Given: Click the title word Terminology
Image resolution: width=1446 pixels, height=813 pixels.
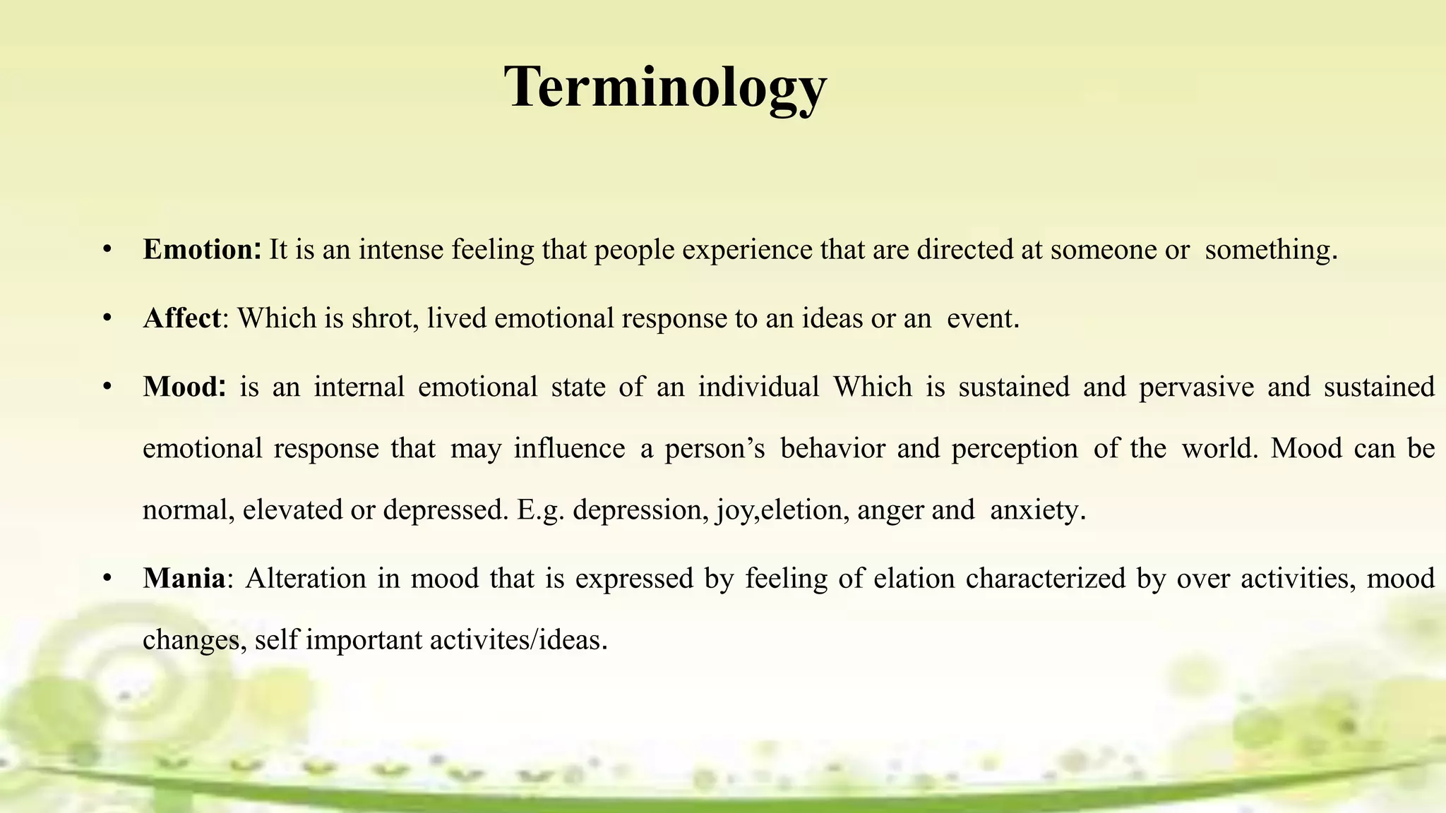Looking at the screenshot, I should (x=664, y=88).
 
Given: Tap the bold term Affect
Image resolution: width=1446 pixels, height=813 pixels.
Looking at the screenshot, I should (x=181, y=318).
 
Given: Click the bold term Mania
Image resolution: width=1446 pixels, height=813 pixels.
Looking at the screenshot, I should (x=184, y=579).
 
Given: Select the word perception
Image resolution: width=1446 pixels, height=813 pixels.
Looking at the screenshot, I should (x=1015, y=449).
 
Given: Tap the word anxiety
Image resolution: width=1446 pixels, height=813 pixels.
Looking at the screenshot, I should (x=1034, y=510).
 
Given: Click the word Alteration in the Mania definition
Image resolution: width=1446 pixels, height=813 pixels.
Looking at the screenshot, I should (x=306, y=579).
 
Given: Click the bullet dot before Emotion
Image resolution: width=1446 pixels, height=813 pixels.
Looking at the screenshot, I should (x=107, y=250).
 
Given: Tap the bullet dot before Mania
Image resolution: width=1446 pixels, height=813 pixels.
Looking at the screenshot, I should (x=107, y=579).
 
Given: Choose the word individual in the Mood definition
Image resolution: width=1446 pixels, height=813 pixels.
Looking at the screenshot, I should (x=758, y=387).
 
